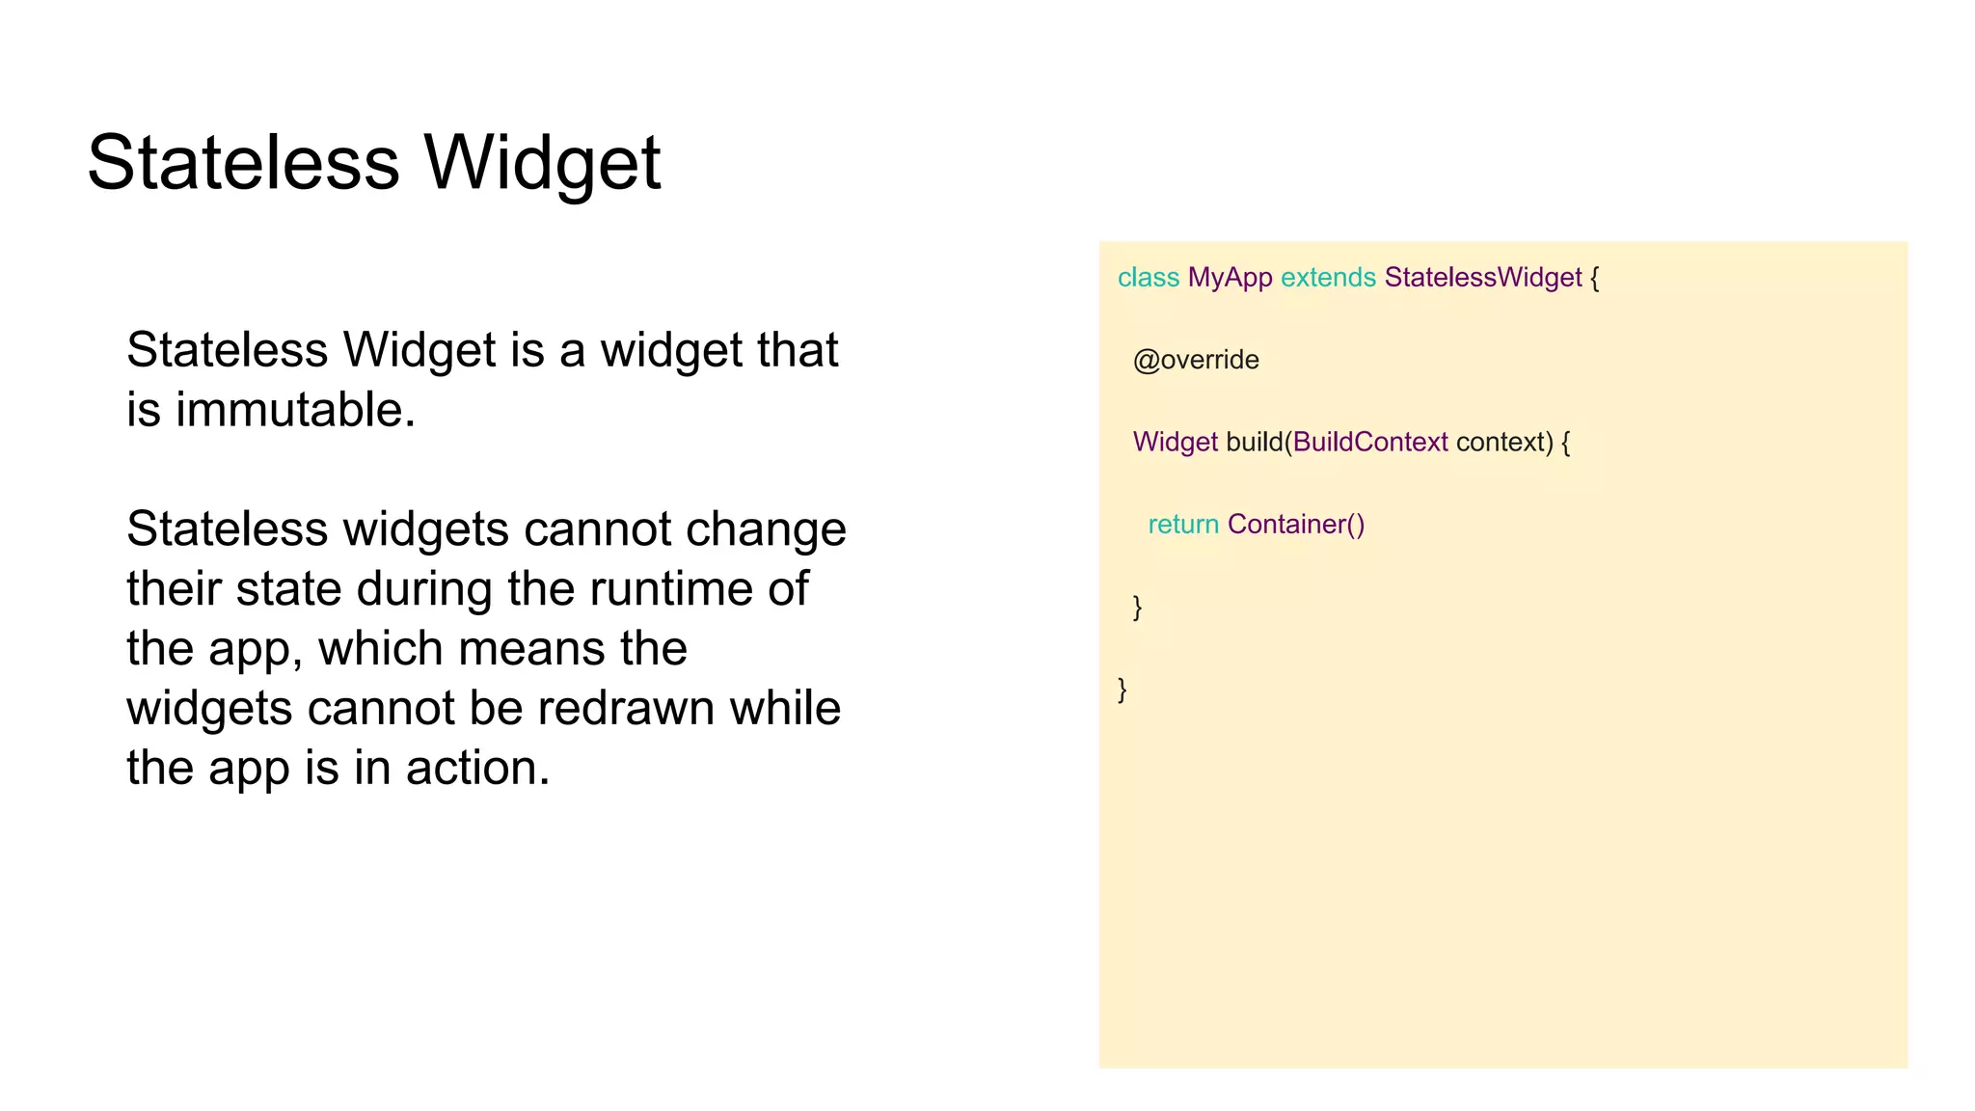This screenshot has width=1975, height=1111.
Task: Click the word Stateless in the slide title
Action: tap(243, 162)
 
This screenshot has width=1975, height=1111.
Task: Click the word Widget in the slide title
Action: tap(542, 162)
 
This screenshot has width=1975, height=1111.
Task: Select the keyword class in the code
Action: tap(1148, 278)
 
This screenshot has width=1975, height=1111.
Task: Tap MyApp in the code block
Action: tap(1230, 278)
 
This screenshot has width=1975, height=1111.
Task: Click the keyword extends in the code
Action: tap(1327, 278)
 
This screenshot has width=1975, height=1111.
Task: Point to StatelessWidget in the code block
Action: tap(1482, 278)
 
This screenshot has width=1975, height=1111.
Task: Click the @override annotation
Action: tap(1196, 360)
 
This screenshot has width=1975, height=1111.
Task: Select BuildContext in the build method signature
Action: tap(1369, 442)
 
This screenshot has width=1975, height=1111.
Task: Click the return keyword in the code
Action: tap(1183, 524)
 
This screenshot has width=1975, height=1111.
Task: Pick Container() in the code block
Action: tap(1295, 524)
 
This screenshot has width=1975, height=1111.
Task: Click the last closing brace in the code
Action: tap(1122, 689)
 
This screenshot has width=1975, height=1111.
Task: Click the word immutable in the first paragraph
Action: tap(293, 409)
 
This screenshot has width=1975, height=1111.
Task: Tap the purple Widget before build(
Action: tap(1175, 442)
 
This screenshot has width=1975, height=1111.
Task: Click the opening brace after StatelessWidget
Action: tap(1595, 278)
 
